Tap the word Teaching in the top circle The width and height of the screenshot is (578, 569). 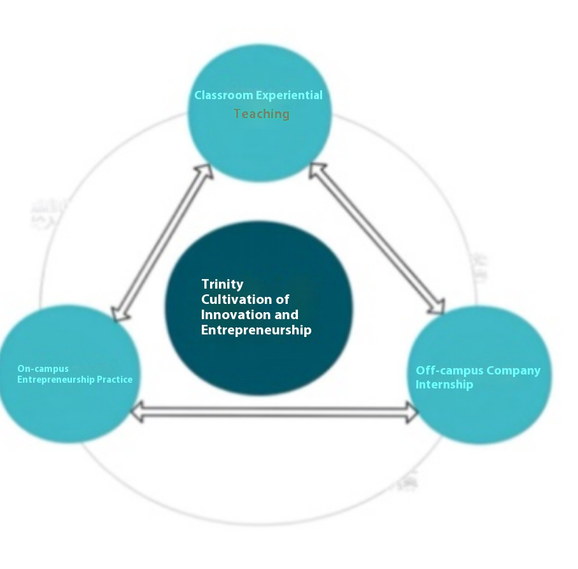[261, 114]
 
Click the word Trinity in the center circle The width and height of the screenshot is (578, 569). [222, 284]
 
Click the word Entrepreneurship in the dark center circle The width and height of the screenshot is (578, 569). [256, 330]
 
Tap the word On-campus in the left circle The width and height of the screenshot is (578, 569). [43, 369]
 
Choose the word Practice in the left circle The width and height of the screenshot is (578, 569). [115, 380]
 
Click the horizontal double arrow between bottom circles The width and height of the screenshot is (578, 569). [274, 412]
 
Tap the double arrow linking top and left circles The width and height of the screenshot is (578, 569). [162, 242]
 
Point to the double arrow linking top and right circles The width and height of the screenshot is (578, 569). [377, 238]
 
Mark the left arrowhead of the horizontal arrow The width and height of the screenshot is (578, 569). [137, 412]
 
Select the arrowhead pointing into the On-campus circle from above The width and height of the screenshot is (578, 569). [119, 312]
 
